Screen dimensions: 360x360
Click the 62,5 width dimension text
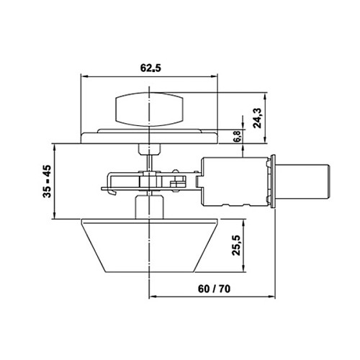[x=148, y=68]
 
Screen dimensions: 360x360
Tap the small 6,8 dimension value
[x=238, y=135]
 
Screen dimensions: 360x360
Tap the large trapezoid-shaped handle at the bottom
[x=148, y=245]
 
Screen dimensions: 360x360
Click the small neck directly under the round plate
[x=148, y=148]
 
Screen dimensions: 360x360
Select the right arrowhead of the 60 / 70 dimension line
[x=276, y=297]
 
